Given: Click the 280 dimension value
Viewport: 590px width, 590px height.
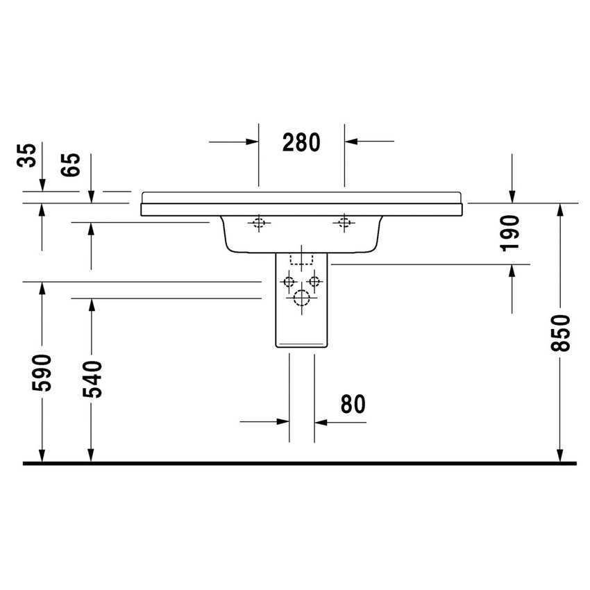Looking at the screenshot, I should [301, 142].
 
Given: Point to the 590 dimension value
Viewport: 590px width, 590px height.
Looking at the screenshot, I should [42, 373].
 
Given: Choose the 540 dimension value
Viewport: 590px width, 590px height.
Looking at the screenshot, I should [92, 378].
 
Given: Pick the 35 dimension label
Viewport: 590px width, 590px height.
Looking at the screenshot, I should [26, 156].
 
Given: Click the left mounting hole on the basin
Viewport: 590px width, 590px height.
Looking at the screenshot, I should [259, 223].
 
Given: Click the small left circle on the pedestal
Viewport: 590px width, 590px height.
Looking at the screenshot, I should [288, 282].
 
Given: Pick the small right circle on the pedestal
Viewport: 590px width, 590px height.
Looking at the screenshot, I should [315, 282].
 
